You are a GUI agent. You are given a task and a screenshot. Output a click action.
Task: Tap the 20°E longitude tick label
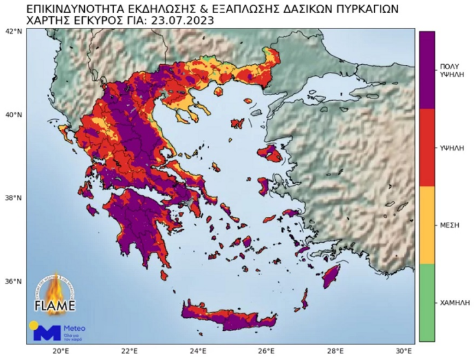coord(60,351)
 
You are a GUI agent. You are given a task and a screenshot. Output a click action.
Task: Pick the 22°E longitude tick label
coord(129,351)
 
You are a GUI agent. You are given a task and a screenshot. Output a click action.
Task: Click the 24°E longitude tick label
coord(198,351)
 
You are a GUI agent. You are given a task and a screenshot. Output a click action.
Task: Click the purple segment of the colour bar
coord(426,69)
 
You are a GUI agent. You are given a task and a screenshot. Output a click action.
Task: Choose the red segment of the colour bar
coord(426,147)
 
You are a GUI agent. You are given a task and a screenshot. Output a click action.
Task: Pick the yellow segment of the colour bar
coord(426,225)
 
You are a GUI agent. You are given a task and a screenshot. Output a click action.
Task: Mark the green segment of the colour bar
coord(426,302)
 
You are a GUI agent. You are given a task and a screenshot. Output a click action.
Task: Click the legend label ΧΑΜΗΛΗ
coord(454,302)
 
